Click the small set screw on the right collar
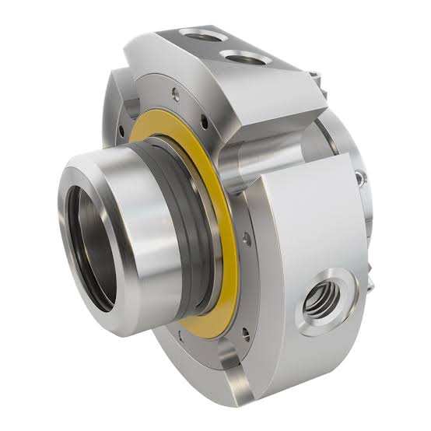[x=360, y=180]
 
